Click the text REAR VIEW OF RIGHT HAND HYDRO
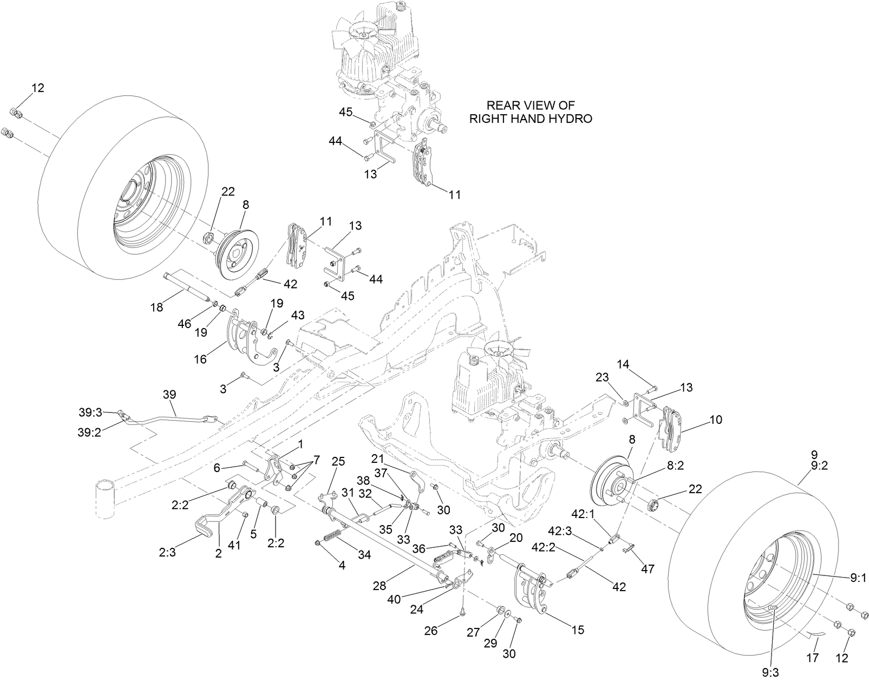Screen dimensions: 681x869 click(530, 112)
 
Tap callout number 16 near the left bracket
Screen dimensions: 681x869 click(200, 359)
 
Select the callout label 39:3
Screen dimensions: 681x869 click(90, 412)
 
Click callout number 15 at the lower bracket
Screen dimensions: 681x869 click(578, 631)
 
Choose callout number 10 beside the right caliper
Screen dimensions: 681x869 click(715, 420)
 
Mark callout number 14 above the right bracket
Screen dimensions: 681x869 click(623, 364)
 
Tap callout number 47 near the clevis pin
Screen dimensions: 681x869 click(648, 568)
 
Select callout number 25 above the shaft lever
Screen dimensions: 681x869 click(338, 462)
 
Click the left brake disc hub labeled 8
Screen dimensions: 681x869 click(238, 254)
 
